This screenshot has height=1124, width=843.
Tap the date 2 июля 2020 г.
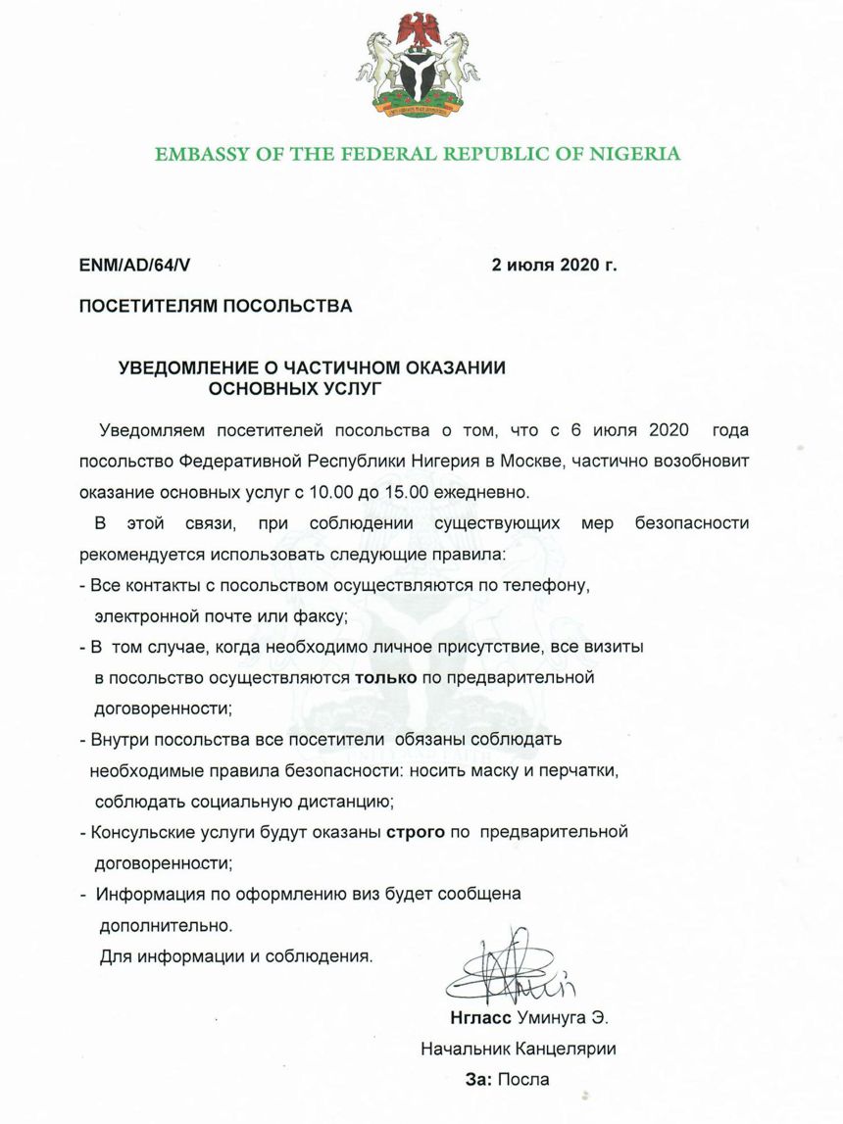[x=554, y=265]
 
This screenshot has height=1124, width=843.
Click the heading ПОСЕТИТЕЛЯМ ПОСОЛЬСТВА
[x=215, y=307]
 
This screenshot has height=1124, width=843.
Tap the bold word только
[x=385, y=676]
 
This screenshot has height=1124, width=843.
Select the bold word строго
[x=412, y=832]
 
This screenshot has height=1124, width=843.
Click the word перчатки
[x=583, y=771]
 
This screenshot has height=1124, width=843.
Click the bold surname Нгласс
[x=475, y=1017]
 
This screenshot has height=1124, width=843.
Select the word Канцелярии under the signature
[x=563, y=1049]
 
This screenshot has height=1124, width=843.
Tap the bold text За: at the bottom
[x=478, y=1080]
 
